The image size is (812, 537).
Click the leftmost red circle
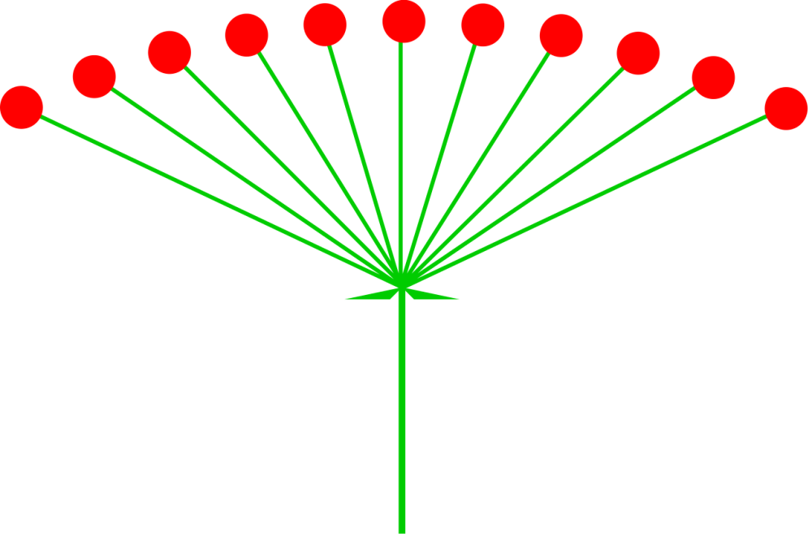pyautogui.click(x=21, y=107)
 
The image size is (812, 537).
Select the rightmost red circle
pyautogui.click(x=786, y=109)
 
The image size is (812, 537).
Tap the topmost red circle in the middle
pyautogui.click(x=404, y=21)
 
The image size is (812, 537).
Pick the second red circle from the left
pyautogui.click(x=94, y=76)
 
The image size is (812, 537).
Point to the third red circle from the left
pyautogui.click(x=170, y=52)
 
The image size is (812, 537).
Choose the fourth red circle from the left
pyautogui.click(x=247, y=35)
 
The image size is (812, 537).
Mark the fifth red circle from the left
pyautogui.click(x=325, y=24)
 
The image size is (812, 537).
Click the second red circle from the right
pyautogui.click(x=714, y=77)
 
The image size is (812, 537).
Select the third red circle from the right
pyautogui.click(x=638, y=53)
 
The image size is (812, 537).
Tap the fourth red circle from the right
pyautogui.click(x=561, y=36)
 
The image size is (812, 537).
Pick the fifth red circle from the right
pyautogui.click(x=482, y=24)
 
